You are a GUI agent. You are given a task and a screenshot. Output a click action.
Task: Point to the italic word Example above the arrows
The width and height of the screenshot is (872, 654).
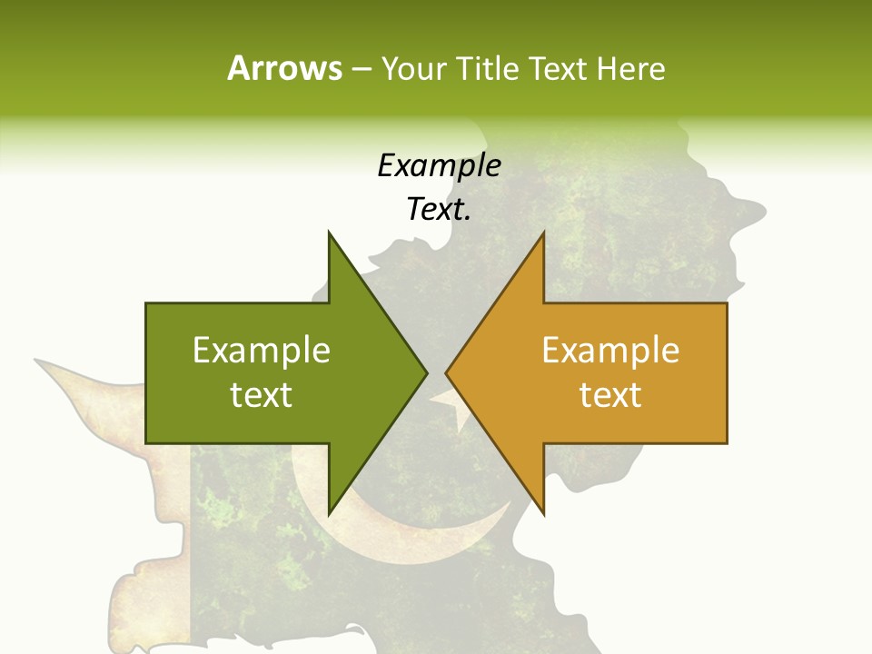click(439, 165)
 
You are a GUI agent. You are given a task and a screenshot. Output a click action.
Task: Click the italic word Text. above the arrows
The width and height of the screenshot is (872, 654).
click(439, 210)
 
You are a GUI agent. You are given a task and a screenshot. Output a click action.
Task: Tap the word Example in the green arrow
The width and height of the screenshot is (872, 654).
click(262, 351)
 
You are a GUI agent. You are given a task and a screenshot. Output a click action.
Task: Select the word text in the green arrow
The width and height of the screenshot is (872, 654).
click(262, 395)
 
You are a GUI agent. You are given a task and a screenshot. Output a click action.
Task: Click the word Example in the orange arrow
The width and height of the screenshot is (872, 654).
click(610, 351)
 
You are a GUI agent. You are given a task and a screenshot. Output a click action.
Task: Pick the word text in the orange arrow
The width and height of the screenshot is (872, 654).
click(610, 395)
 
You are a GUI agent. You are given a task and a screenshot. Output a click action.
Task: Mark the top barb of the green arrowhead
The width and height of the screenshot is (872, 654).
click(331, 238)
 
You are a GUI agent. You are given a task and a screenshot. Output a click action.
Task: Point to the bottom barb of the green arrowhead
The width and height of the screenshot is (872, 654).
click(331, 509)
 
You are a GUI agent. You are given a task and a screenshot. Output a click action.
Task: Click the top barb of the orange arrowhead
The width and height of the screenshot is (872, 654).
click(542, 238)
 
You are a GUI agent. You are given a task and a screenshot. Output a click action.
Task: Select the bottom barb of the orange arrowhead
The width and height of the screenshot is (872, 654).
click(542, 509)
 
